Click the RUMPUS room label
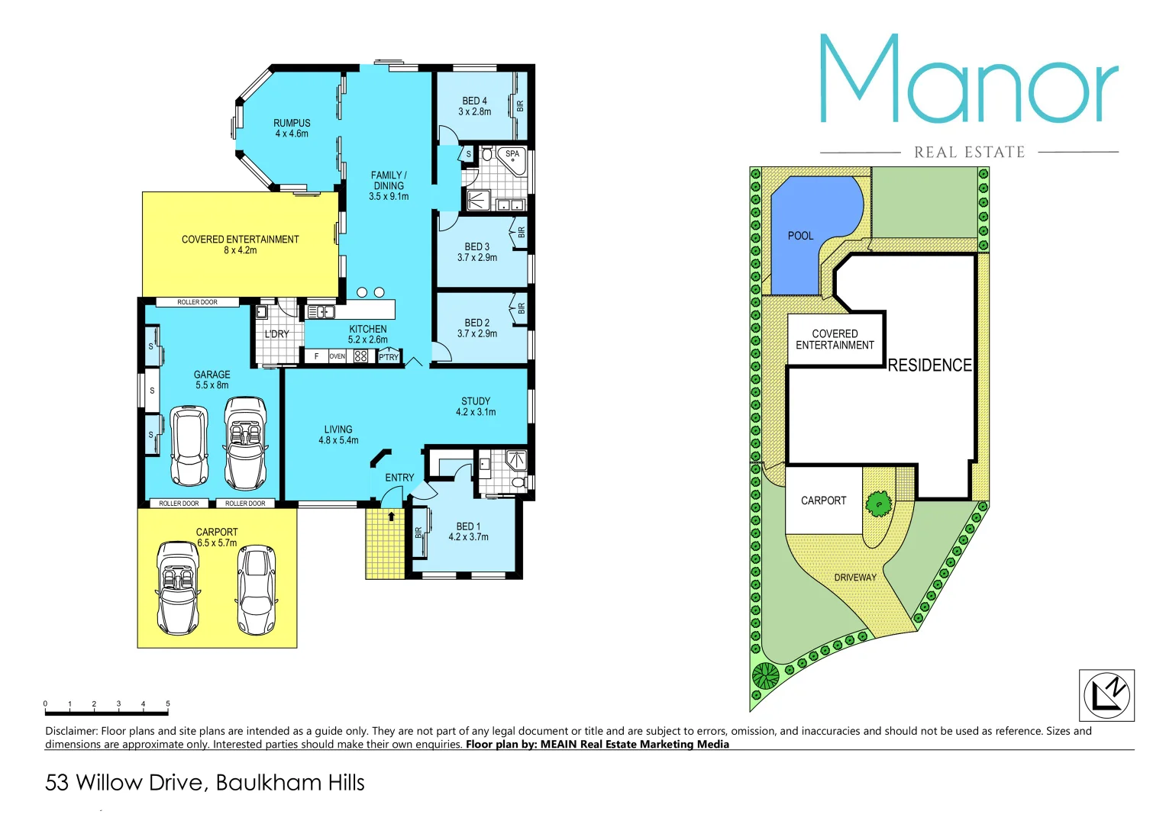click(292, 123)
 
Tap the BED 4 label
click(474, 101)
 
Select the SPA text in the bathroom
click(512, 154)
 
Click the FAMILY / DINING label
click(389, 180)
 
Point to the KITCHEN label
click(368, 329)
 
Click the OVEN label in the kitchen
click(337, 356)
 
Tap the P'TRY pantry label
click(389, 357)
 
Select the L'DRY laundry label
click(276, 334)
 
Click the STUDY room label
click(476, 401)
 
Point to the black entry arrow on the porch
click(392, 517)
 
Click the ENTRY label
click(399, 478)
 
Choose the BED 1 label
click(468, 526)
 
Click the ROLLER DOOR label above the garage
click(197, 302)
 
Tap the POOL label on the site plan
click(800, 236)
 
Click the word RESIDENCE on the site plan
click(929, 365)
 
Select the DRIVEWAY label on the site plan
click(855, 578)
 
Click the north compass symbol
click(1106, 695)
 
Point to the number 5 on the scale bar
click(168, 703)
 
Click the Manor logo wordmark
click(968, 80)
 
